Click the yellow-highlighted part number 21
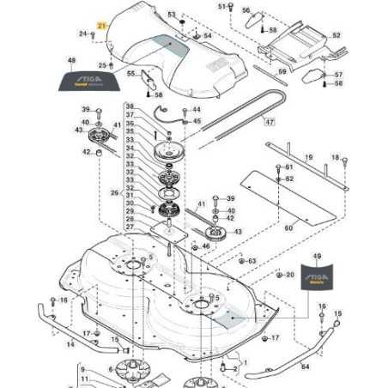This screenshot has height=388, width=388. pos(102,26)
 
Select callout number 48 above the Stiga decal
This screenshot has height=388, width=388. pos(71,61)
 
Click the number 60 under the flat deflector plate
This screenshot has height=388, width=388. pos(288,227)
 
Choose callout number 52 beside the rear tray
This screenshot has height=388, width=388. pos(336,35)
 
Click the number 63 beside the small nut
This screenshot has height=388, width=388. pos(253,260)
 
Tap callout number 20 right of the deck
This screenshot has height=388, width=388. pos(289,275)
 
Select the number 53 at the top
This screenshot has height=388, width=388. pos(171,15)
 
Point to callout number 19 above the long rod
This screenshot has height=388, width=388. pos(309,157)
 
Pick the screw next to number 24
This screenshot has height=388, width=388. pos(93,33)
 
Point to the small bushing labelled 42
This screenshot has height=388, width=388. pos(97,153)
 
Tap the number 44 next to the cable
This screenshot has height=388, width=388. pos(197,110)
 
